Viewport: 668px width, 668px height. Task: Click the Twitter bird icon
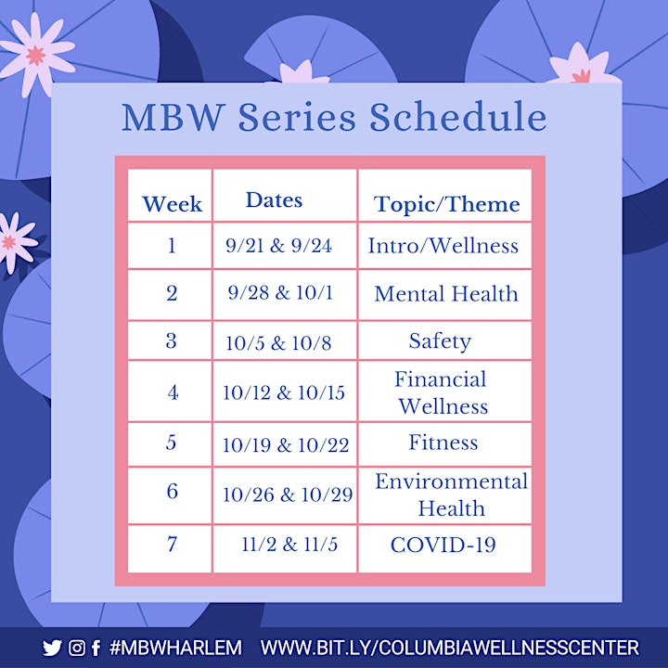pos(52,648)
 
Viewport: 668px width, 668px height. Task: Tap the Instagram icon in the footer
pos(77,648)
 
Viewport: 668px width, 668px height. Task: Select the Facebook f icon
pos(96,648)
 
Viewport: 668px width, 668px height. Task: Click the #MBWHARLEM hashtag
pos(175,648)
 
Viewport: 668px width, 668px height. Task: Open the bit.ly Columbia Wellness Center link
pos(449,648)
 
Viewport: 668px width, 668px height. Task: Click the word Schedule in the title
pos(457,116)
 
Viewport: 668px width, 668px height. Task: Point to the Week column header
pos(173,203)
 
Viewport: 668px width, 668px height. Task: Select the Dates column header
pos(274,199)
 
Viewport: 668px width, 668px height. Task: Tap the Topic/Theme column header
pos(446,204)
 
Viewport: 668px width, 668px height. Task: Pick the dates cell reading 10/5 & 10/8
pos(278,343)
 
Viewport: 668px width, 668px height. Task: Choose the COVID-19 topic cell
pos(443,545)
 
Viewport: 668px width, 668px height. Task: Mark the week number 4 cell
pos(173,392)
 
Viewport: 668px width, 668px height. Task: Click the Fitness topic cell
pos(443,443)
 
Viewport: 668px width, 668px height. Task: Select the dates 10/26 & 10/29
pos(288,495)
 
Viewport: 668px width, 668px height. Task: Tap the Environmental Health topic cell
pos(451,495)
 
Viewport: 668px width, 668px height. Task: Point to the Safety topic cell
pos(440,341)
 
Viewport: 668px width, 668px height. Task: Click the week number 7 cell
pos(172,544)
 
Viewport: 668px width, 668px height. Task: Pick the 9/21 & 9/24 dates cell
pos(278,245)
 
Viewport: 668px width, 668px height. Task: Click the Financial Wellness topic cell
pos(443,392)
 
